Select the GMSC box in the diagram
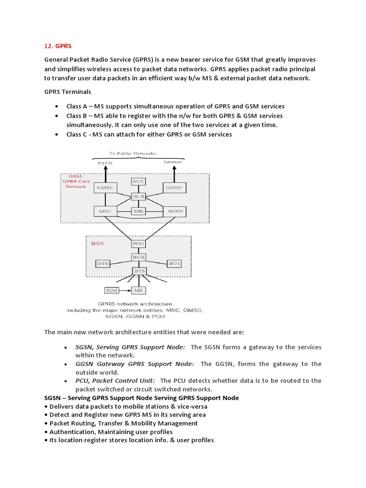(x=104, y=188)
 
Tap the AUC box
(x=138, y=182)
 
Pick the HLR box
(x=138, y=196)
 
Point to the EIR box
(x=138, y=211)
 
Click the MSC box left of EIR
(x=104, y=211)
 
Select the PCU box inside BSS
(x=138, y=244)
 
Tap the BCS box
(x=138, y=257)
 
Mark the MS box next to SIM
(x=139, y=290)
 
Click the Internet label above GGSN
(x=173, y=162)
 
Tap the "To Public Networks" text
(x=135, y=153)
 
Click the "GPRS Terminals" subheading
(x=67, y=91)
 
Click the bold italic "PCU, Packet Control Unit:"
(x=115, y=381)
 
